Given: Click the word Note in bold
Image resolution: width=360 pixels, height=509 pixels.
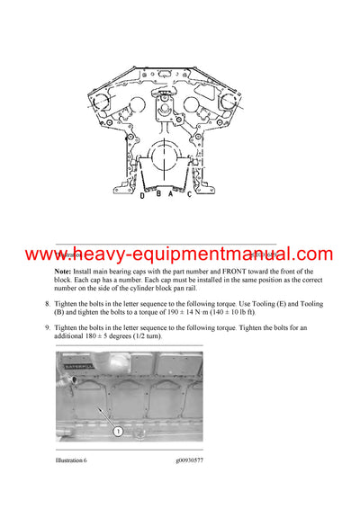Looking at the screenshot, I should click(63, 271).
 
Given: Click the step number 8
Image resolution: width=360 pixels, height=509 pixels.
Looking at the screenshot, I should click(47, 304).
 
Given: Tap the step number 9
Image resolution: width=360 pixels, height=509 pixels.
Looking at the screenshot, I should click(47, 328).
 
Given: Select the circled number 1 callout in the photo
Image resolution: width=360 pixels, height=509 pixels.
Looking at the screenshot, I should click(117, 431).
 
